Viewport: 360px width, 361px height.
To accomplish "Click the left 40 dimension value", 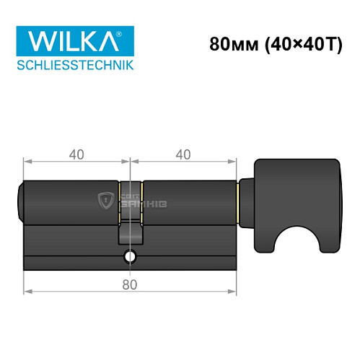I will [x=76, y=154].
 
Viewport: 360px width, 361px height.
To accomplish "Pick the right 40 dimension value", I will [x=183, y=154].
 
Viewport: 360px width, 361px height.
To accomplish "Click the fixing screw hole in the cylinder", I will [x=130, y=256].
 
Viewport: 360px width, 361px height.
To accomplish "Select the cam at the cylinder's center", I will [x=130, y=235].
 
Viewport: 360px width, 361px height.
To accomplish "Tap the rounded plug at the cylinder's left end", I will [x=20, y=201].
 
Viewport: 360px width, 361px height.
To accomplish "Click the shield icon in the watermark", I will [x=105, y=198].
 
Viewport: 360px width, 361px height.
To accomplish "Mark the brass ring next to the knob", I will [x=239, y=201].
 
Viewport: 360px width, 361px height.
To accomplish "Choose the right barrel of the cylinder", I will [x=189, y=201].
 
